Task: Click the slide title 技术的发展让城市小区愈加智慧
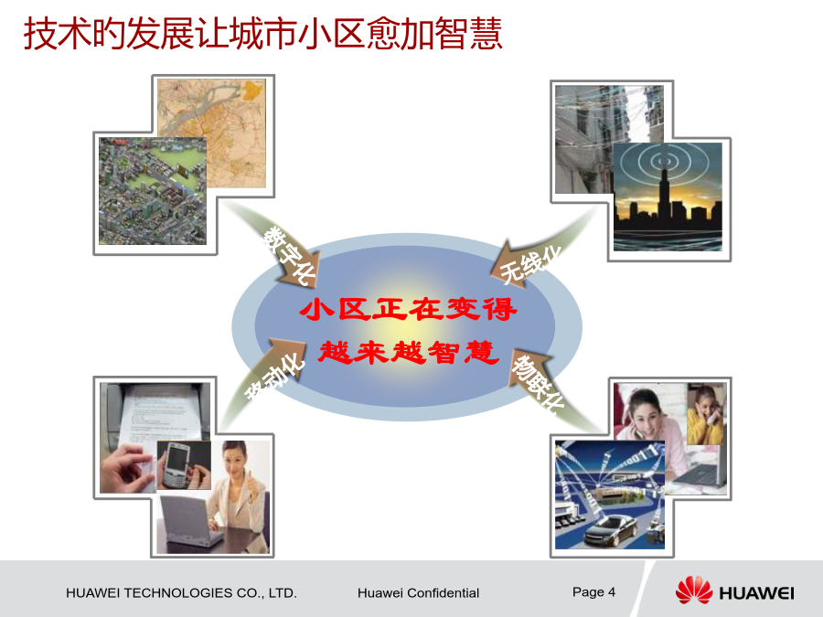263,33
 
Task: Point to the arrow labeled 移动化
263,378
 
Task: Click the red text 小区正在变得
409,309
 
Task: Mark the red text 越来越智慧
409,352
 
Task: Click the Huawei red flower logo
694,590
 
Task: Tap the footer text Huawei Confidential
418,593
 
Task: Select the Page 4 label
593,591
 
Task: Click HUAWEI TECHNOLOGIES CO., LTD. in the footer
181,593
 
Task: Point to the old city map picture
212,133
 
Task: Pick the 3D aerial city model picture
153,191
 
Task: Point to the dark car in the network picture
611,530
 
